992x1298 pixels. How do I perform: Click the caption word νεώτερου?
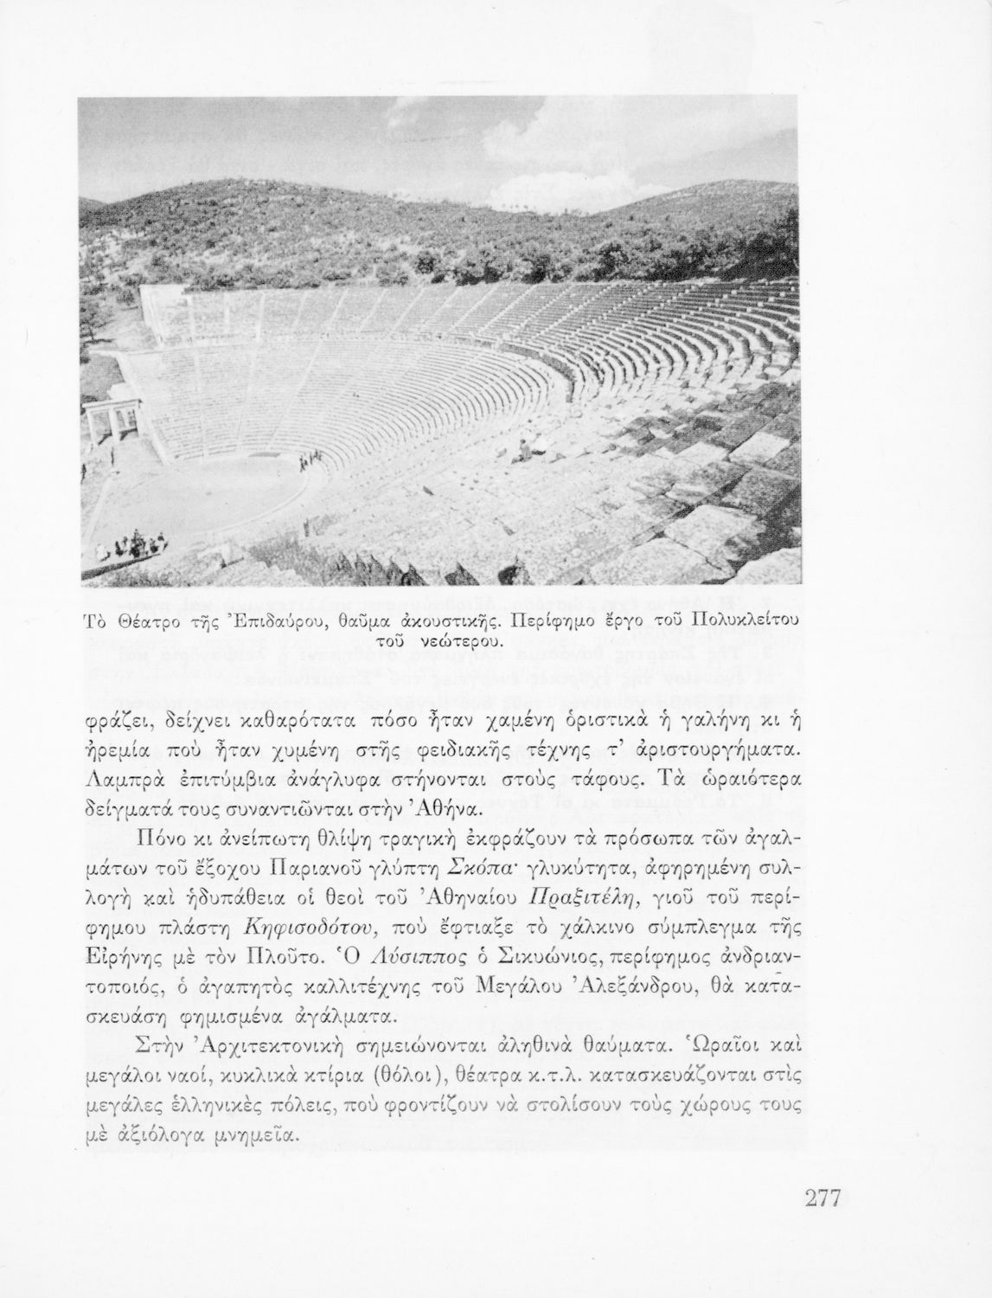(463, 642)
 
